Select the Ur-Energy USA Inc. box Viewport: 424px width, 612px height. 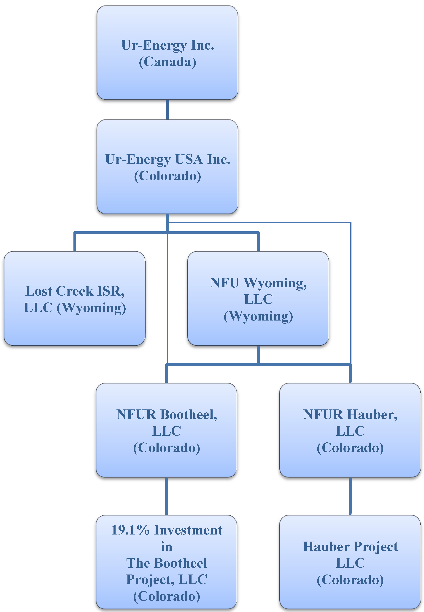coord(167,167)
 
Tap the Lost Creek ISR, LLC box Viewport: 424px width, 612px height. coord(75,298)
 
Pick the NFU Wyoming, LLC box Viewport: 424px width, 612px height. coord(258,298)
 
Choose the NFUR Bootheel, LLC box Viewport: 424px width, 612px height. coord(167,430)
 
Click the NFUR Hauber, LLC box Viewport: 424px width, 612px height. coord(350,430)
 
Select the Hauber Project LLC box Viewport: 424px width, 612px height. coord(350,562)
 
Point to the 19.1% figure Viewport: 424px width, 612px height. coord(130,530)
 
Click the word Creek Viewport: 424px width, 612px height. coord(75,291)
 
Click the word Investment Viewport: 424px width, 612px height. coord(188,530)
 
